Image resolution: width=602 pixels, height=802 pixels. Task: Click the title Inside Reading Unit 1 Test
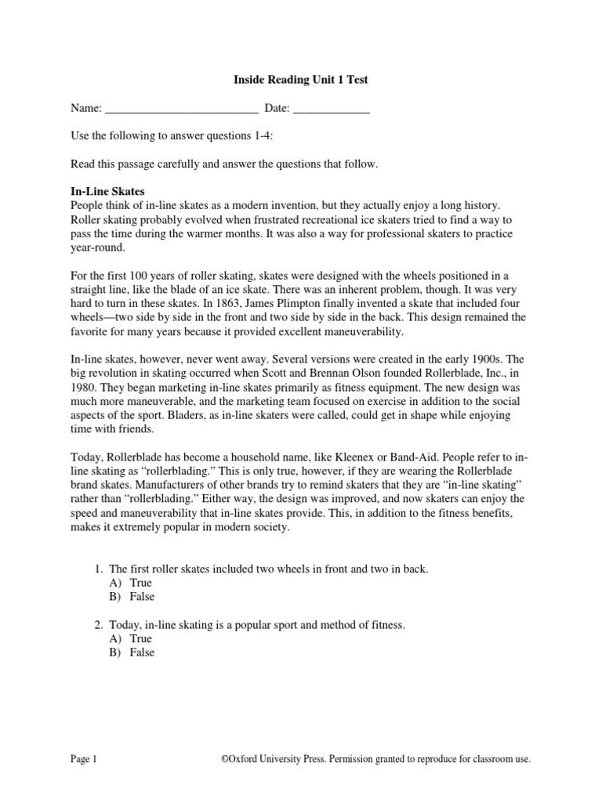click(x=301, y=80)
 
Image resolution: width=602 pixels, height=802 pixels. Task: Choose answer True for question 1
click(x=141, y=583)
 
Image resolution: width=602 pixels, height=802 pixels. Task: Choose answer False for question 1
click(x=142, y=597)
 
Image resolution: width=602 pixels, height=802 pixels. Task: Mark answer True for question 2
click(x=141, y=639)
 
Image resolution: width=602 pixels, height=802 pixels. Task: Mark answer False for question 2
click(x=142, y=652)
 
